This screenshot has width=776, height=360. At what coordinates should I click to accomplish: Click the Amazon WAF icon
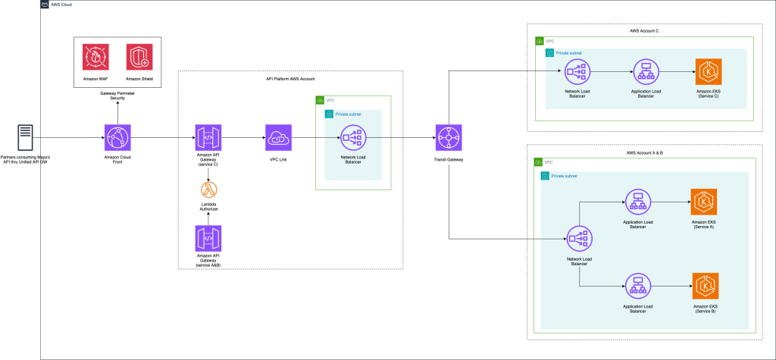(x=95, y=57)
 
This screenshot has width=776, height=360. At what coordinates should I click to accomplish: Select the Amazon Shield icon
(x=139, y=57)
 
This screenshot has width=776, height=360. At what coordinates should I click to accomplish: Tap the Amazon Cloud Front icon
(x=117, y=138)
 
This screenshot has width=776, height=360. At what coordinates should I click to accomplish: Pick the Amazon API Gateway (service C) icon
(x=207, y=138)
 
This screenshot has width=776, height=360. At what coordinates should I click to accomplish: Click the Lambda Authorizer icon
(x=207, y=190)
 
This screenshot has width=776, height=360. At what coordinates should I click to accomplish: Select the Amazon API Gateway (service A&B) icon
(x=207, y=239)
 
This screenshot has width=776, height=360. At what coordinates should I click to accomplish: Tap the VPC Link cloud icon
(x=278, y=138)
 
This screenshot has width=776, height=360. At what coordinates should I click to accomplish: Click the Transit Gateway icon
(x=449, y=138)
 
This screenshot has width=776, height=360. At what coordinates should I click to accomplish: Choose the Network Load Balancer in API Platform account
(x=352, y=138)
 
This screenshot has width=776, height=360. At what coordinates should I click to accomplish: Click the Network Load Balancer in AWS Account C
(x=577, y=73)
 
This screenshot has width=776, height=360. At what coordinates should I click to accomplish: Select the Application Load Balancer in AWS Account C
(x=646, y=73)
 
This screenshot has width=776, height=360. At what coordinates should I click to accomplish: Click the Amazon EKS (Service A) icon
(x=704, y=202)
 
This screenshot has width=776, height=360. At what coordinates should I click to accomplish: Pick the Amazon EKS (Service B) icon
(x=704, y=286)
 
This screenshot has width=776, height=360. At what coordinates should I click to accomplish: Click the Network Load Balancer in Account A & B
(x=579, y=239)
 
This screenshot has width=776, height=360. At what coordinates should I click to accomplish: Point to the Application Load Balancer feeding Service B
(x=637, y=286)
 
